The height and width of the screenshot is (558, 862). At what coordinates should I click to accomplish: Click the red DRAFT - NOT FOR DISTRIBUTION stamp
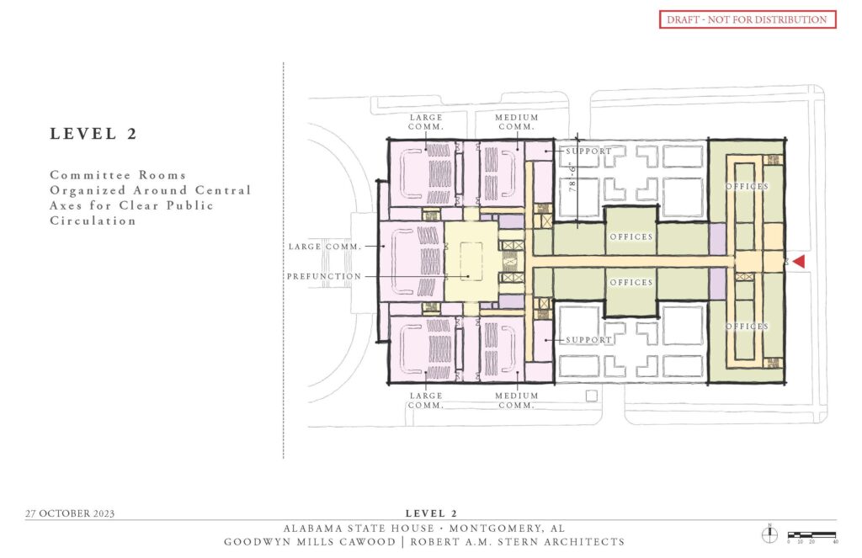(x=747, y=19)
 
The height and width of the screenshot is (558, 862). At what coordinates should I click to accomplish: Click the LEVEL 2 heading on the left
(x=93, y=133)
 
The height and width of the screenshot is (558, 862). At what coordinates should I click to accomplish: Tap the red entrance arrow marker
(x=799, y=263)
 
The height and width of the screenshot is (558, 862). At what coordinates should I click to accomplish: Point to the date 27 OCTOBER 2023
(x=70, y=513)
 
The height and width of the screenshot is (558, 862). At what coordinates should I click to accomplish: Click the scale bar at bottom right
(x=811, y=535)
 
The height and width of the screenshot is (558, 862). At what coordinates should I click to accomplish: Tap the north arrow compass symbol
(x=769, y=534)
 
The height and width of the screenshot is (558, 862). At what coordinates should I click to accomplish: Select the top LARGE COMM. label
(x=426, y=122)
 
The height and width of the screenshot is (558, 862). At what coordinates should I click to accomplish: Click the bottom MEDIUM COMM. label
(x=516, y=401)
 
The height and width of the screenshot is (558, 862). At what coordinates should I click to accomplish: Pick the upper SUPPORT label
(x=589, y=151)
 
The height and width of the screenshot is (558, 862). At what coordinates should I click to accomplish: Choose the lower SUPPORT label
(x=588, y=340)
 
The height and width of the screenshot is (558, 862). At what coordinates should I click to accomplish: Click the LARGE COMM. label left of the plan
(x=324, y=247)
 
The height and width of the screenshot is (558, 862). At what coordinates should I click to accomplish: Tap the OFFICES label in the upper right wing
(x=748, y=186)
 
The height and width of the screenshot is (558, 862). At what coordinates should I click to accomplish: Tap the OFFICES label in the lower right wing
(x=748, y=326)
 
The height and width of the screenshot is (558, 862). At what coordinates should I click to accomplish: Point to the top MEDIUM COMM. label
(x=516, y=122)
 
